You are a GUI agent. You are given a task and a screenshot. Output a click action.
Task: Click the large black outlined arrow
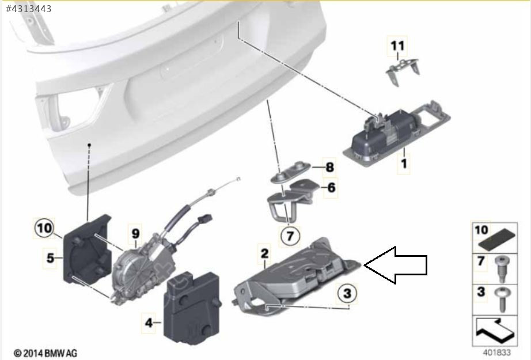tap(395, 265)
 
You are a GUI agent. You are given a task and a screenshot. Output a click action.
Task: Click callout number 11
tap(397, 46)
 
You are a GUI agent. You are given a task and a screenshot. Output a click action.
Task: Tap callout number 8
tap(329, 167)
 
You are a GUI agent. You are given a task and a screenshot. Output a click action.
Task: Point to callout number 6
tap(331, 187)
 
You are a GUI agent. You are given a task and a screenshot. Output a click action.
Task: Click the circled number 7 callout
tap(290, 236)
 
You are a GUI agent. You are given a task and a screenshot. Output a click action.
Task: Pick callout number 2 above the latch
tap(264, 253)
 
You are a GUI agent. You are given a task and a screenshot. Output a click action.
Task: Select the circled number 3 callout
tap(347, 293)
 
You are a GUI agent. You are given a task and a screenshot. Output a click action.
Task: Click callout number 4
tap(149, 323)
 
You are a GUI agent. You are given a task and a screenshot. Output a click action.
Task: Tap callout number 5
tap(50, 258)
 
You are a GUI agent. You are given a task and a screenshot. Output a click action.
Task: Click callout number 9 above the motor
tap(135, 233)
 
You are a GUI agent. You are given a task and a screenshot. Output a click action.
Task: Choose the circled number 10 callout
tap(44, 228)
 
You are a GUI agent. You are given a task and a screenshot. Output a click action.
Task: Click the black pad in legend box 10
tap(497, 239)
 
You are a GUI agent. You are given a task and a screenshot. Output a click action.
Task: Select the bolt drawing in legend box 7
tap(501, 269)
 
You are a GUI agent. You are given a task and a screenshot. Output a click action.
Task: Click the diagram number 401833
tap(496, 353)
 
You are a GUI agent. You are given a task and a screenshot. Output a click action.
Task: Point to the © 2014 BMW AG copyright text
tap(45, 353)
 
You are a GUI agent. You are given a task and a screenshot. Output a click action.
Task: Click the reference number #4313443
tap(28, 9)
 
